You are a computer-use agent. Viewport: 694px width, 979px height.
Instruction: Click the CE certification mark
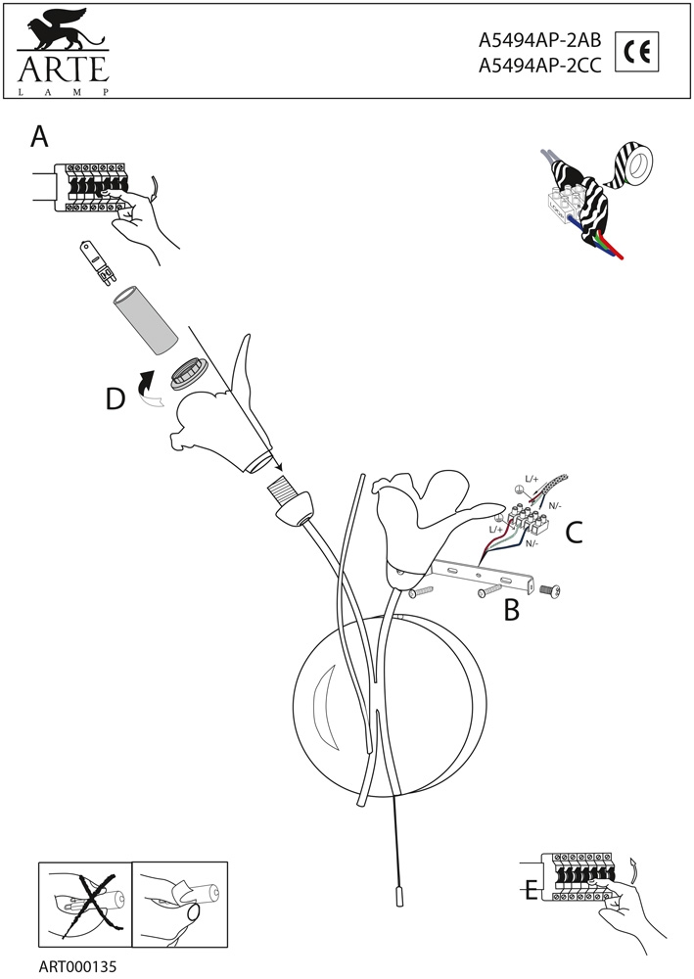click(x=636, y=52)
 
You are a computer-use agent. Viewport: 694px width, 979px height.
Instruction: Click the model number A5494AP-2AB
click(x=540, y=40)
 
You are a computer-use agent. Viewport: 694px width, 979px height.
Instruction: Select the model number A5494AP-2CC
click(x=540, y=66)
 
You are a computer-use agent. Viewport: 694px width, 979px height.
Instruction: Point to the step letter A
click(x=39, y=136)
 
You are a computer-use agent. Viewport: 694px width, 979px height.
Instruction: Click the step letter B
click(x=511, y=611)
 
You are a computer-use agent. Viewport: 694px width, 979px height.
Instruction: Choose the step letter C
click(x=574, y=532)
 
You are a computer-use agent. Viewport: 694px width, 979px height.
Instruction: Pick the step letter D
click(x=116, y=399)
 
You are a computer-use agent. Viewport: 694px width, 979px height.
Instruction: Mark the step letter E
click(x=532, y=890)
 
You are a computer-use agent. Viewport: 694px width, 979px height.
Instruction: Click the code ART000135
click(x=77, y=966)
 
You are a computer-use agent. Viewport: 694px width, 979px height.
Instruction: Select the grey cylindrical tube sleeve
click(x=146, y=320)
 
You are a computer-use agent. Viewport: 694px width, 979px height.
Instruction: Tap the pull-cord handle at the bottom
click(x=398, y=896)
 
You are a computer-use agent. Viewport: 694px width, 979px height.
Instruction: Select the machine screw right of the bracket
click(x=550, y=588)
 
